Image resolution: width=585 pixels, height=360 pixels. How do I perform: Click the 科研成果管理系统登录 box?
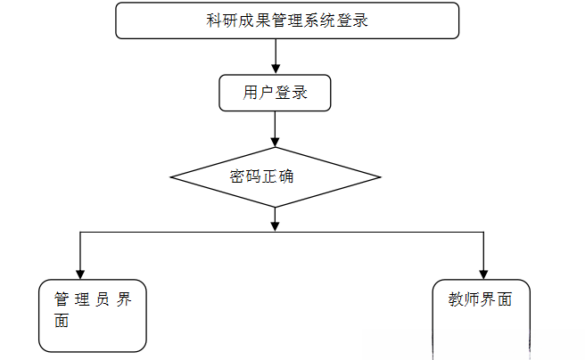pyautogui.click(x=286, y=20)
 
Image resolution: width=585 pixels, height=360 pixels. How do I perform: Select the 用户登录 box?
pyautogui.click(x=275, y=93)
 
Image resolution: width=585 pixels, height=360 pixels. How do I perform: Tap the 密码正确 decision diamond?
pyautogui.click(x=274, y=176)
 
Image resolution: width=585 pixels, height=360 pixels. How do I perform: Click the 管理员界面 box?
pyautogui.click(x=93, y=315)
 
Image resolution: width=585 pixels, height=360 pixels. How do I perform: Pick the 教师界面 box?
pyautogui.click(x=481, y=317)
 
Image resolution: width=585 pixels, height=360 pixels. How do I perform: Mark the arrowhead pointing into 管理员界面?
pyautogui.click(x=81, y=274)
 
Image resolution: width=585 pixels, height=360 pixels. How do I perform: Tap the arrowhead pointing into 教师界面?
pyautogui.click(x=482, y=274)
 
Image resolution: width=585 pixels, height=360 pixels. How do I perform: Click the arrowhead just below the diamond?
pyautogui.click(x=275, y=225)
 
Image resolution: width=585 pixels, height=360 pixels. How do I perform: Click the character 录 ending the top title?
pyautogui.click(x=361, y=21)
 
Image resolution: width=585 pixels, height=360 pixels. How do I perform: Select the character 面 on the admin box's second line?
pyautogui.click(x=62, y=322)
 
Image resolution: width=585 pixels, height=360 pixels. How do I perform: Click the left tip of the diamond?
pyautogui.click(x=171, y=176)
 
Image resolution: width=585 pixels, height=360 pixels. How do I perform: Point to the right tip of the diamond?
pyautogui.click(x=380, y=176)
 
